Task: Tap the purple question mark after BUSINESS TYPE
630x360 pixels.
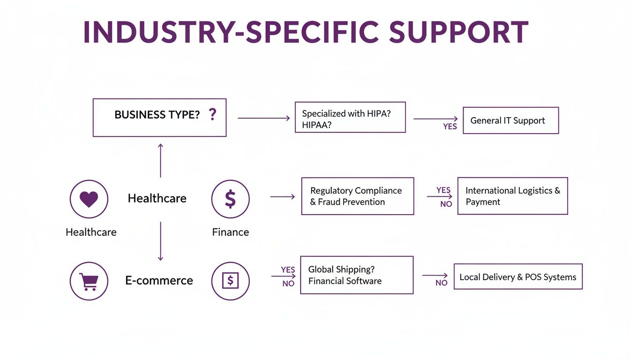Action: tap(212, 114)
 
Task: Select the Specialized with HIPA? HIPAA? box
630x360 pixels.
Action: tap(350, 117)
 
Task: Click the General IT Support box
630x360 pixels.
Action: tap(510, 120)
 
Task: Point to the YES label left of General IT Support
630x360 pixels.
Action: tap(450, 127)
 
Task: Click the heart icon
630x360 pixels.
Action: tap(89, 199)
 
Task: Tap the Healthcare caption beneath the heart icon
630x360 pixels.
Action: tap(91, 232)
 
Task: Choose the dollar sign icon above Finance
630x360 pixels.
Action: tap(230, 199)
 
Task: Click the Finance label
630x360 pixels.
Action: tap(230, 232)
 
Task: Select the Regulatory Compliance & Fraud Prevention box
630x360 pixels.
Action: tap(357, 196)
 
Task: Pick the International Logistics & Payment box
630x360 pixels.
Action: tap(512, 196)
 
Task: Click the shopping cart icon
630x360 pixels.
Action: tap(89, 281)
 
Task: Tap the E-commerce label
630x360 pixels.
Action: tap(159, 280)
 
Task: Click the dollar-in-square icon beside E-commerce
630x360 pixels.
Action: tap(230, 281)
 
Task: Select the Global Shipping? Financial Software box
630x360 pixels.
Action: tap(356, 275)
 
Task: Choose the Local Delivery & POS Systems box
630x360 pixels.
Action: tap(517, 277)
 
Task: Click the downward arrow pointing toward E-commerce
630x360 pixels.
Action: tap(160, 241)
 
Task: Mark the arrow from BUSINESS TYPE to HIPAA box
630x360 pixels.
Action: tap(263, 118)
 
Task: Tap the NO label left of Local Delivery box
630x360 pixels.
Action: tap(441, 283)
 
